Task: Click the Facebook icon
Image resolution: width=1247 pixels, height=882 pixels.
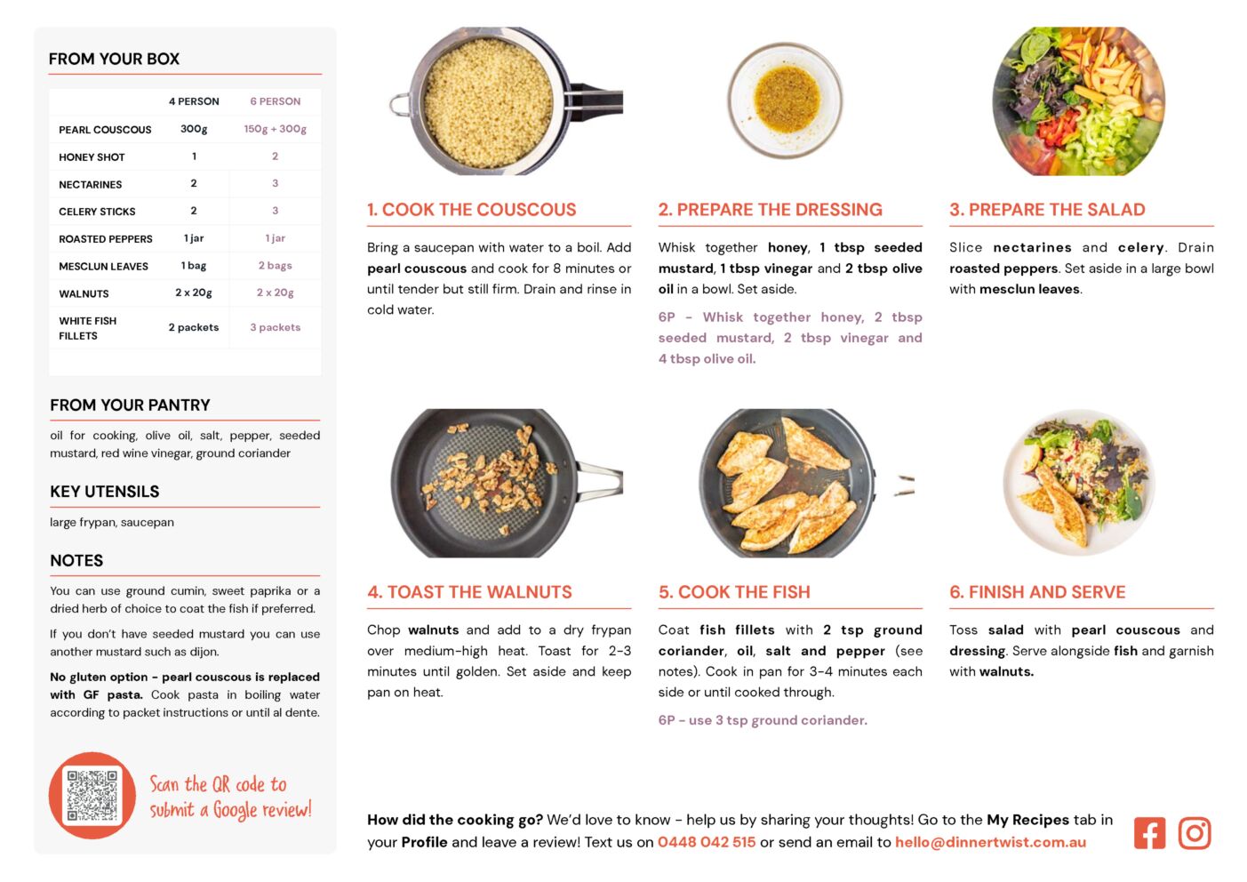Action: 1149,833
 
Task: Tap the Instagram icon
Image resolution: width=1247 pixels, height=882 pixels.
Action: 1195,833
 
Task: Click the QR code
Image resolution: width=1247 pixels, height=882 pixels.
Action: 92,795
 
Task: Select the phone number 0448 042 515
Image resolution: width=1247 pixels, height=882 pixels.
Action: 707,842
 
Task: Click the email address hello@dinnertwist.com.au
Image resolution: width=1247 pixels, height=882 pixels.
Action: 990,842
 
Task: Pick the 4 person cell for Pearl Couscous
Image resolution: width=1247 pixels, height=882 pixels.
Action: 194,129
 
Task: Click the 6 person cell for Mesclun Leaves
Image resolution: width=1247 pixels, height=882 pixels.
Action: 275,266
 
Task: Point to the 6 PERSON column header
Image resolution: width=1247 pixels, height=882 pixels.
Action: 275,101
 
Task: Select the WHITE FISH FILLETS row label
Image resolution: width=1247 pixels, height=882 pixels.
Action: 87,328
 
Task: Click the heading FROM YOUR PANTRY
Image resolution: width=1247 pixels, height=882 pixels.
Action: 131,405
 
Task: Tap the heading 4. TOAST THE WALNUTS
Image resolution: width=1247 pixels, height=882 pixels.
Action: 469,592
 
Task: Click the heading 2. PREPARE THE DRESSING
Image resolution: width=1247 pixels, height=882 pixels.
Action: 770,209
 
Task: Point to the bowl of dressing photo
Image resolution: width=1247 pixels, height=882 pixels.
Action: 785,100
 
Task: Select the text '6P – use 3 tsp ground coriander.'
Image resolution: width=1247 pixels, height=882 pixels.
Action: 763,720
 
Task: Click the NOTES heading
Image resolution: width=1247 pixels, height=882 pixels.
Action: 76,560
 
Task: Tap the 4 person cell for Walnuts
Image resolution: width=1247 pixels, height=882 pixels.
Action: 194,293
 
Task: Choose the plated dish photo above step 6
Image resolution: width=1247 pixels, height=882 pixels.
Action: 1079,482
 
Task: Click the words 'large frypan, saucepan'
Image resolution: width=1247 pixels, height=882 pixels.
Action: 112,522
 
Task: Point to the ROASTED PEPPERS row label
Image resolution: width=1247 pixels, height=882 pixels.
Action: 105,239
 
